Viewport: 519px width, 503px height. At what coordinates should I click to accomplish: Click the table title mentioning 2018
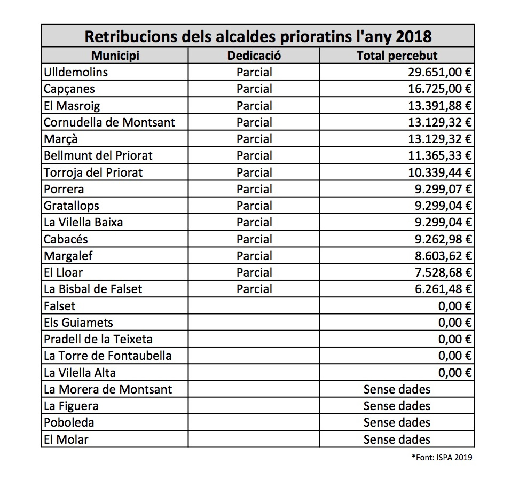pos(258,37)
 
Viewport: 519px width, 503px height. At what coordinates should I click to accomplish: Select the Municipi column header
pos(115,56)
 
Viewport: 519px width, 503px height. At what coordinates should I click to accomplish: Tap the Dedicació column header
pos(254,56)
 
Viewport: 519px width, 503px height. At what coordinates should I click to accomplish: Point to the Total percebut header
pos(397,56)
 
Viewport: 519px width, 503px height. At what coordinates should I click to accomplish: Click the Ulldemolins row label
pos(76,72)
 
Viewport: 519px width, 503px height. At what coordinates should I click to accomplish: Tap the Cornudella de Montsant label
pos(109,122)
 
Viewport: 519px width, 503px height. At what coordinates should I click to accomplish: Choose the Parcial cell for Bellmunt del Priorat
pos(254,155)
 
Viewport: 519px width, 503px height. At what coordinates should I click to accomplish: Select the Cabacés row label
pos(66,239)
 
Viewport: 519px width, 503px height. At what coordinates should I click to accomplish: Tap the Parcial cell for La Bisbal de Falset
pos(254,289)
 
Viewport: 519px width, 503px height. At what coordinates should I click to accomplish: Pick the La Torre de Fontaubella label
pos(108,356)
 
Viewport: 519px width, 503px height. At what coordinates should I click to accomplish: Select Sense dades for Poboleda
pos(397,422)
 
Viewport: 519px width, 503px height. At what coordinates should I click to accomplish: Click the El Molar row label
pos(66,439)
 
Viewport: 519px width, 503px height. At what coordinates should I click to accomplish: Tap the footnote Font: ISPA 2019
pos(442,457)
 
